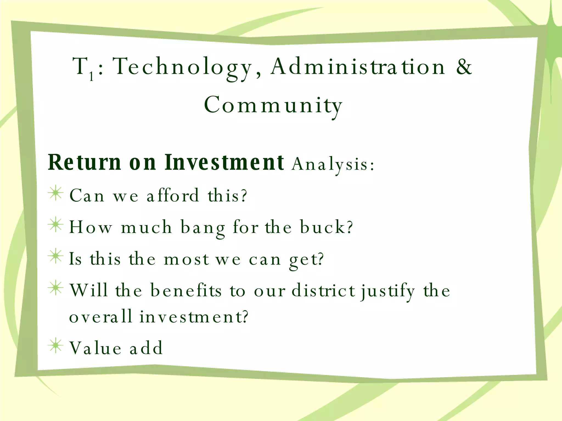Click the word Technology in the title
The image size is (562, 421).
[182, 67]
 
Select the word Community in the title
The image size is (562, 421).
[273, 106]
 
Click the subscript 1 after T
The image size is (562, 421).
[91, 76]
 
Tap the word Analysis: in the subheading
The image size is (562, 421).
[333, 164]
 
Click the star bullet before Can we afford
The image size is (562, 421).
[56, 193]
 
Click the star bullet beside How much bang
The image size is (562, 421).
[56, 225]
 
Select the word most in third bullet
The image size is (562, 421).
[186, 259]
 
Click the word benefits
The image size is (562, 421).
[186, 291]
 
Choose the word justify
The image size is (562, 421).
[387, 291]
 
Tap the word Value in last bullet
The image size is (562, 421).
[95, 348]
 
